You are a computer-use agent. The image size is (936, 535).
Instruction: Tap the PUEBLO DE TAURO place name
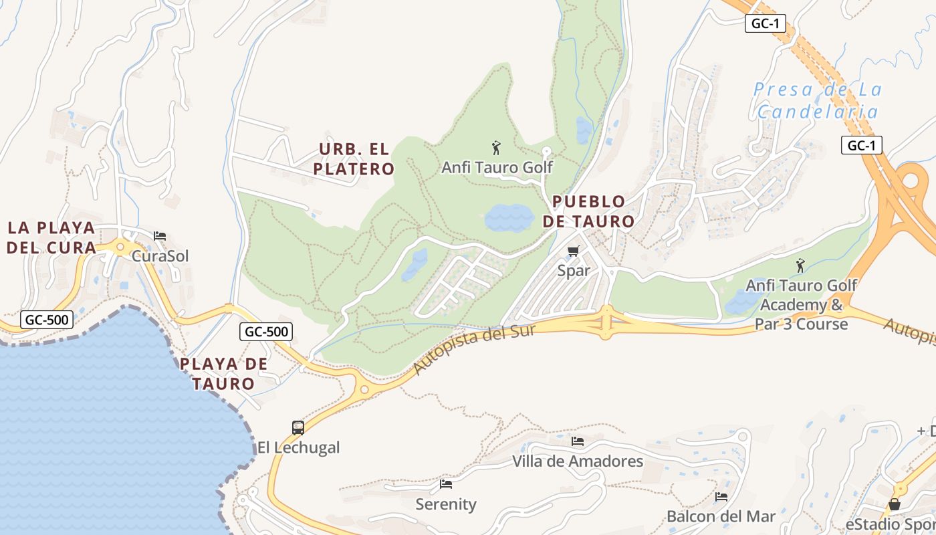click(588, 211)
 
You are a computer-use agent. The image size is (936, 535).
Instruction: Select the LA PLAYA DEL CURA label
click(52, 237)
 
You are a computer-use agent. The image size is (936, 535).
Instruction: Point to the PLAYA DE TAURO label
click(224, 374)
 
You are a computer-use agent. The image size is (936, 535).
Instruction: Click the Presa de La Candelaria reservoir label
click(817, 100)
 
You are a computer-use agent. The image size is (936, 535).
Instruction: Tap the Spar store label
click(574, 271)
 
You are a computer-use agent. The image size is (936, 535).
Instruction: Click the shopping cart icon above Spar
click(573, 251)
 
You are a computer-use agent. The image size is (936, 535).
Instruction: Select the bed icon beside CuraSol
click(160, 236)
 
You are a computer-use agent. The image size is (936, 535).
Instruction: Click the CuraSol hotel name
click(160, 256)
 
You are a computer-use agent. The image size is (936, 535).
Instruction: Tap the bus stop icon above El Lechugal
click(298, 427)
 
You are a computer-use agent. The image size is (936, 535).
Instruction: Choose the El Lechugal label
click(299, 447)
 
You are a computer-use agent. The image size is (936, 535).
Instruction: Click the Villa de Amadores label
click(578, 461)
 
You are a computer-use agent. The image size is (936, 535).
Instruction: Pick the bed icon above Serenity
click(446, 484)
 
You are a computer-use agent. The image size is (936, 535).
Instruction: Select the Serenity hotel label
click(446, 504)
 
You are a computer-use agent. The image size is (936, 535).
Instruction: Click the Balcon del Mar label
click(721, 517)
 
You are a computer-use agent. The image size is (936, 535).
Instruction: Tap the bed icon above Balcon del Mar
click(721, 497)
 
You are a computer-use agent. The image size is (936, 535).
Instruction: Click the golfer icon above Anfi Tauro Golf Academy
click(800, 265)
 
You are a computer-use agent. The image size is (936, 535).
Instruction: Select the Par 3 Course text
click(801, 324)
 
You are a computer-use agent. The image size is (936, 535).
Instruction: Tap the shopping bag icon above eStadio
click(895, 504)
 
